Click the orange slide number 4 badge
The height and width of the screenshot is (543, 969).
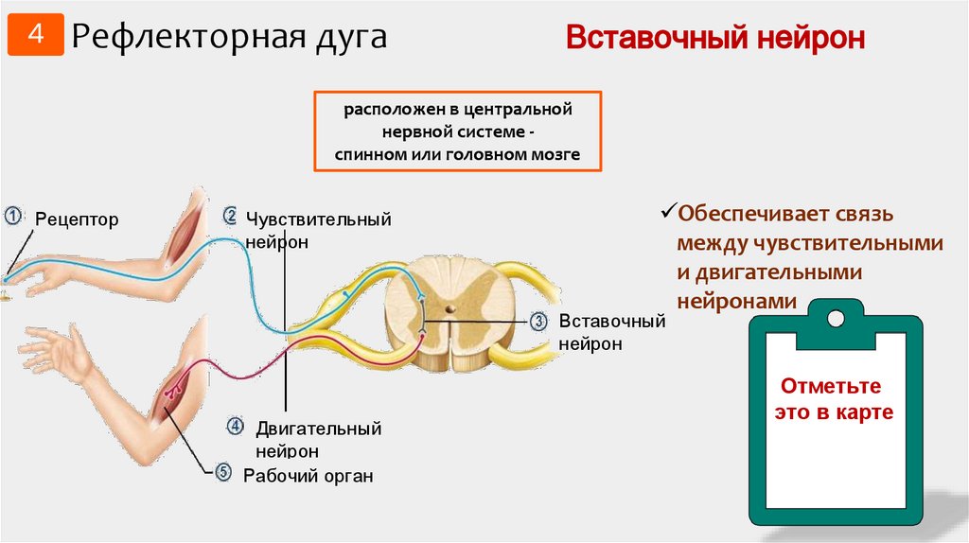click(x=35, y=36)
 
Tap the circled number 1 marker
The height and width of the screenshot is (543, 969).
click(x=12, y=216)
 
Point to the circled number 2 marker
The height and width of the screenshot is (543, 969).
click(x=230, y=216)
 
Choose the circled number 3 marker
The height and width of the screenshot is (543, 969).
click(x=538, y=322)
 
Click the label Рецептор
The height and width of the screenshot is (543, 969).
click(x=78, y=220)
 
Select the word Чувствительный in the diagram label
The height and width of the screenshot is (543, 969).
click(x=319, y=219)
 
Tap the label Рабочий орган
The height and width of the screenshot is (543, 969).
click(x=308, y=476)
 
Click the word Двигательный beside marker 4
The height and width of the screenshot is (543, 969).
click(x=318, y=429)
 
